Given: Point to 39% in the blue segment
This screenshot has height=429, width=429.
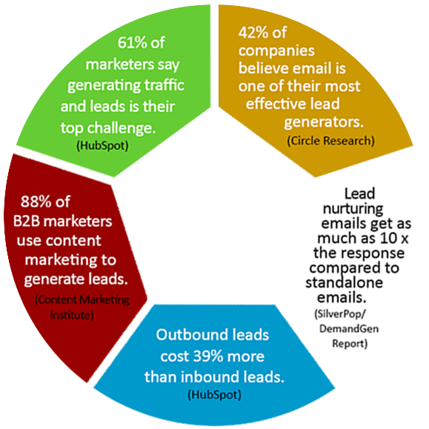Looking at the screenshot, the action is pos(208,356).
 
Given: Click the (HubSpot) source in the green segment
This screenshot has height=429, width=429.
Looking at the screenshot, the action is pos(102,145).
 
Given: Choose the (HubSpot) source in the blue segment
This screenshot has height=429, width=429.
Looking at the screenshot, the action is pos(215,395).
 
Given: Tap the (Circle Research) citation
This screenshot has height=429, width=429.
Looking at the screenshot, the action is pos(330,141).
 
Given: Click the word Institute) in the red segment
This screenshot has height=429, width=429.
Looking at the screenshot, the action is pos(72,315).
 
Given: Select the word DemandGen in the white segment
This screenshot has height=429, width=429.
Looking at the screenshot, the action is pos(349,328).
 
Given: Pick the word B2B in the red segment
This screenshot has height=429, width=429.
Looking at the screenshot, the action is pos(27,221).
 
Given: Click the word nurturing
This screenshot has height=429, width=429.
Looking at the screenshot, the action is pos(353,210).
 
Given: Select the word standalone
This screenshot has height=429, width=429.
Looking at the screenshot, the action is pos(345,282).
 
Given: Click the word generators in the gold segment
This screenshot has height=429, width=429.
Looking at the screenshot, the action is pos(324,122).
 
